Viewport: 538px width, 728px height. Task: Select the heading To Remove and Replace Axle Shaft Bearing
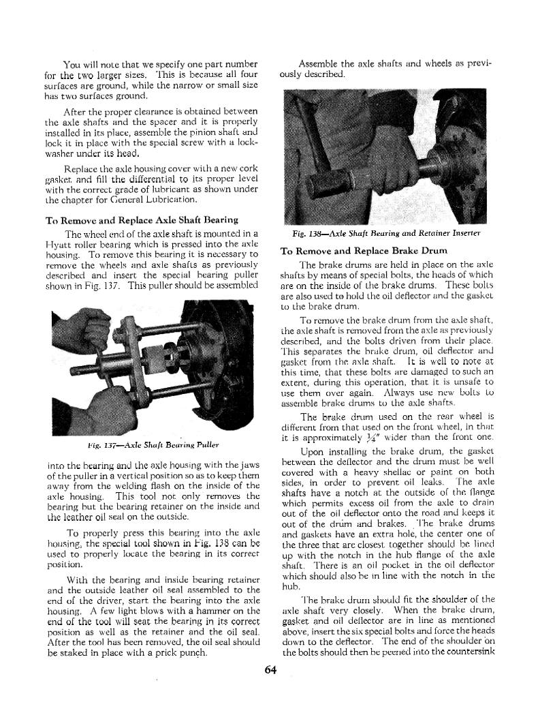pos(141,219)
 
